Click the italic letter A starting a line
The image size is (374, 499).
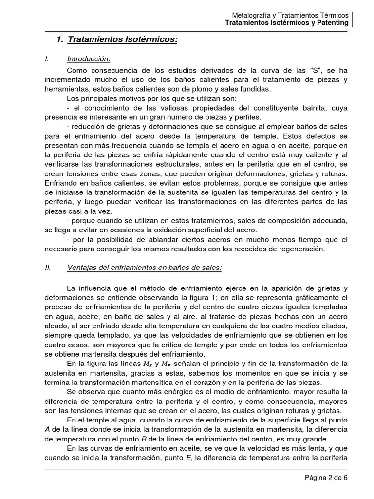pyautogui.click(x=47, y=429)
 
